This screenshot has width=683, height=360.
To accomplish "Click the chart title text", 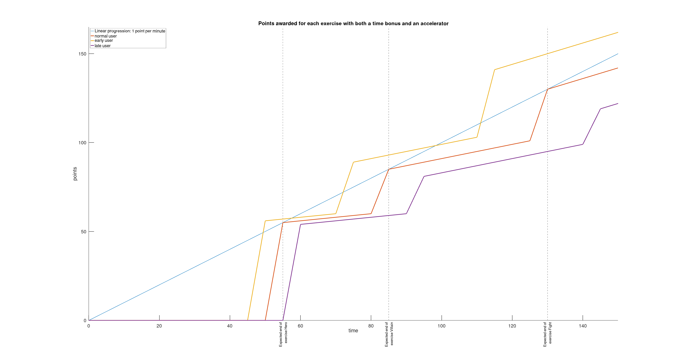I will pyautogui.click(x=353, y=24).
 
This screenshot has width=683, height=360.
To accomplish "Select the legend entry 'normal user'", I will pyautogui.click(x=106, y=36).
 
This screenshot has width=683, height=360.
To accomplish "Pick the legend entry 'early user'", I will pyautogui.click(x=104, y=40).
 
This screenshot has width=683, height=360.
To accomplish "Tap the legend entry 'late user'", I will pyautogui.click(x=103, y=46).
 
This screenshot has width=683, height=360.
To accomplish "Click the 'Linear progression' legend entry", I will pyautogui.click(x=130, y=31).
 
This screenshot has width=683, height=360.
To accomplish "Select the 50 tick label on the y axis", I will pyautogui.click(x=84, y=232).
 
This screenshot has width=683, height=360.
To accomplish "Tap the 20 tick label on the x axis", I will pyautogui.click(x=159, y=326).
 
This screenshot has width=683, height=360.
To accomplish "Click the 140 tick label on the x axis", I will pyautogui.click(x=582, y=326).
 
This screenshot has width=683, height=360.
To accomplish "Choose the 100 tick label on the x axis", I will pyautogui.click(x=441, y=326).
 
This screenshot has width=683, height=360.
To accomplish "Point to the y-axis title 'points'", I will pyautogui.click(x=75, y=174).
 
